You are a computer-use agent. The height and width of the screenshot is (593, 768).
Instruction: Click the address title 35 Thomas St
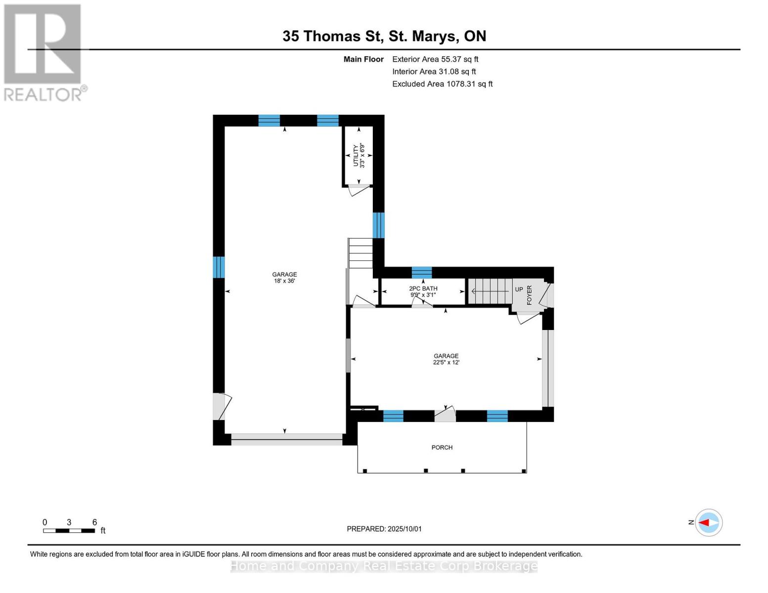[384, 36]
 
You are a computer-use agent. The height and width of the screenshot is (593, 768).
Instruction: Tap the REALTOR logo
[44, 52]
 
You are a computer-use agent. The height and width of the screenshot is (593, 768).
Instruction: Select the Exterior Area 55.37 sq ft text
[435, 59]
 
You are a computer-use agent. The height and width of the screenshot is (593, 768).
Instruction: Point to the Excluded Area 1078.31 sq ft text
[442, 84]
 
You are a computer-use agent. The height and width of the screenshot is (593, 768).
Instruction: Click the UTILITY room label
[356, 155]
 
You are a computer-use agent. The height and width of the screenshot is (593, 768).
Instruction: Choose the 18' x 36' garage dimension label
[284, 281]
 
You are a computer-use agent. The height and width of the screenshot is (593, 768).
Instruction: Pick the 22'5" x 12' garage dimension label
[446, 363]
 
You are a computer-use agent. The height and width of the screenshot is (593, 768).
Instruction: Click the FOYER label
[529, 295]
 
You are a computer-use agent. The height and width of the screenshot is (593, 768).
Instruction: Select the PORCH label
[442, 448]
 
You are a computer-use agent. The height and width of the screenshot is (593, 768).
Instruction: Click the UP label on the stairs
[519, 290]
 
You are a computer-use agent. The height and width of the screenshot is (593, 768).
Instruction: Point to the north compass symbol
[708, 522]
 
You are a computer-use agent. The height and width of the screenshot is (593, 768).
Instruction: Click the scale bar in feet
[69, 531]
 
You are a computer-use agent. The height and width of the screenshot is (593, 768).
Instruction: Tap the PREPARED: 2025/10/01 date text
[384, 529]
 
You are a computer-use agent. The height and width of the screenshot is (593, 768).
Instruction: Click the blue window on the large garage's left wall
[219, 267]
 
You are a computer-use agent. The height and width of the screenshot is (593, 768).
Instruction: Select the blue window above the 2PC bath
[422, 272]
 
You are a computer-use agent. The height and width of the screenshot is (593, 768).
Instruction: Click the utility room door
[358, 189]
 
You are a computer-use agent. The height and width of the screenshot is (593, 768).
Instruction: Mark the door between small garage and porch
[445, 415]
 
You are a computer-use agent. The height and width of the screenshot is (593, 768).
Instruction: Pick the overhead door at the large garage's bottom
[286, 438]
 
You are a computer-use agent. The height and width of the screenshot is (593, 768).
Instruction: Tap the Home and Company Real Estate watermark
[384, 566]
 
